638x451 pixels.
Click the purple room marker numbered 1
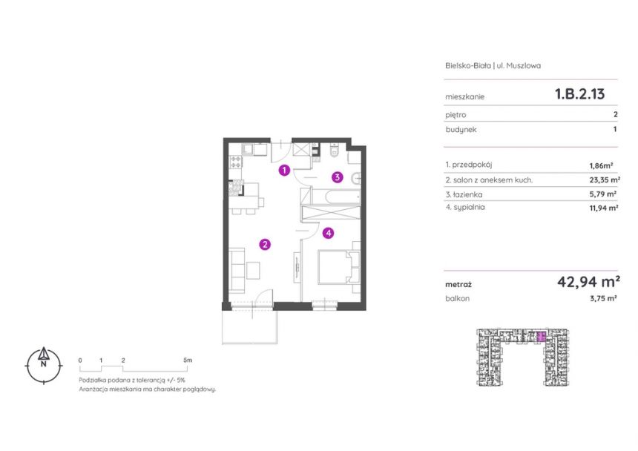point(284,170)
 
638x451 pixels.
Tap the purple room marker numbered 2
point(265,244)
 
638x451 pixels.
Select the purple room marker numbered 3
point(337,177)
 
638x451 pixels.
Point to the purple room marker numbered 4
point(328,233)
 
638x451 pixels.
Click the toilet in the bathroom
point(334,151)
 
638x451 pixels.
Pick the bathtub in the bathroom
point(335,197)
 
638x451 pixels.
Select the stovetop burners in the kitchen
point(236,162)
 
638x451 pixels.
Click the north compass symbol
point(44,365)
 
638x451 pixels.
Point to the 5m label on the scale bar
point(187,360)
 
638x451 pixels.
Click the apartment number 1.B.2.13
point(580,94)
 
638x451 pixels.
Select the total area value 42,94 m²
point(588,281)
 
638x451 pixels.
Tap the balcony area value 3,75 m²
point(603,298)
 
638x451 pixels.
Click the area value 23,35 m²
point(605,180)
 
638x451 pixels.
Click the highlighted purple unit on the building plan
point(541,336)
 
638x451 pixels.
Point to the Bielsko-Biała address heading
point(493,65)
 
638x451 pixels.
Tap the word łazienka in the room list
point(468,194)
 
